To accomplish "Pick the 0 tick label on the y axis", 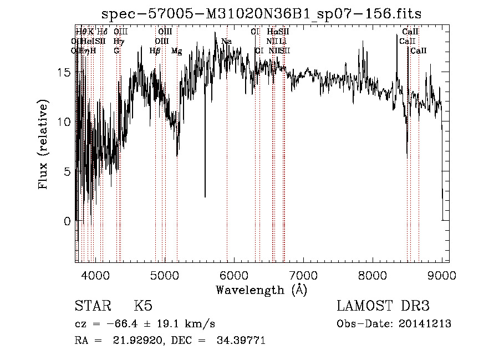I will click(x=67, y=221).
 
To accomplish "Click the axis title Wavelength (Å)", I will click(x=261, y=290).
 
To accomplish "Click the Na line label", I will click(x=226, y=42).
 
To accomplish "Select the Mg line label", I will click(x=177, y=51).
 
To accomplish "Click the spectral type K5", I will click(x=143, y=306).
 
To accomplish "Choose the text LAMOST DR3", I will click(x=383, y=306).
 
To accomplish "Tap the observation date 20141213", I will click(x=425, y=324).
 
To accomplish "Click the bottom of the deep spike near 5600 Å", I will click(x=205, y=196).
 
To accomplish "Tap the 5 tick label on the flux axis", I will click(x=67, y=171).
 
